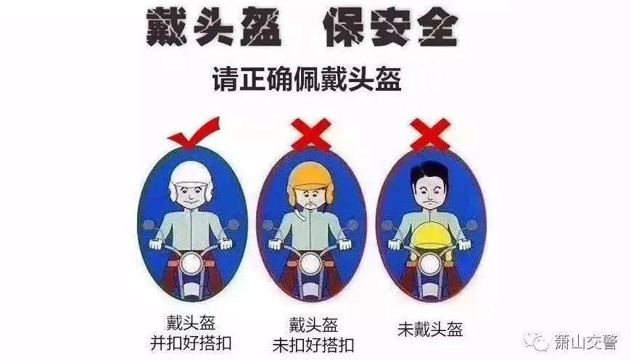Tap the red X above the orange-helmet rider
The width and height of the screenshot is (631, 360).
(x=312, y=134)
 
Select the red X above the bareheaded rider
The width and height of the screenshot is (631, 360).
(x=430, y=134)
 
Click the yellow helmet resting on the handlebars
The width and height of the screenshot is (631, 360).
(x=431, y=236)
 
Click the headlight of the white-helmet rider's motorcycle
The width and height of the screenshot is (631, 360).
(x=191, y=263)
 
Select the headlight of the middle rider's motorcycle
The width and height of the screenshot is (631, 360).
(x=310, y=264)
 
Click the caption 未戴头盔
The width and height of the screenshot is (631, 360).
(x=430, y=329)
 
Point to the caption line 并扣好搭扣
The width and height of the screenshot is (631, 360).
(x=190, y=343)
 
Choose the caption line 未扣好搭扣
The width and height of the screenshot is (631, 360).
(x=313, y=345)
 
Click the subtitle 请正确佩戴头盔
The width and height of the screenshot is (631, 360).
(x=307, y=79)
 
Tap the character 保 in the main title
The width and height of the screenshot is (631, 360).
(x=344, y=28)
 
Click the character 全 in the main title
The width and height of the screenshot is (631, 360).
(x=437, y=28)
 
